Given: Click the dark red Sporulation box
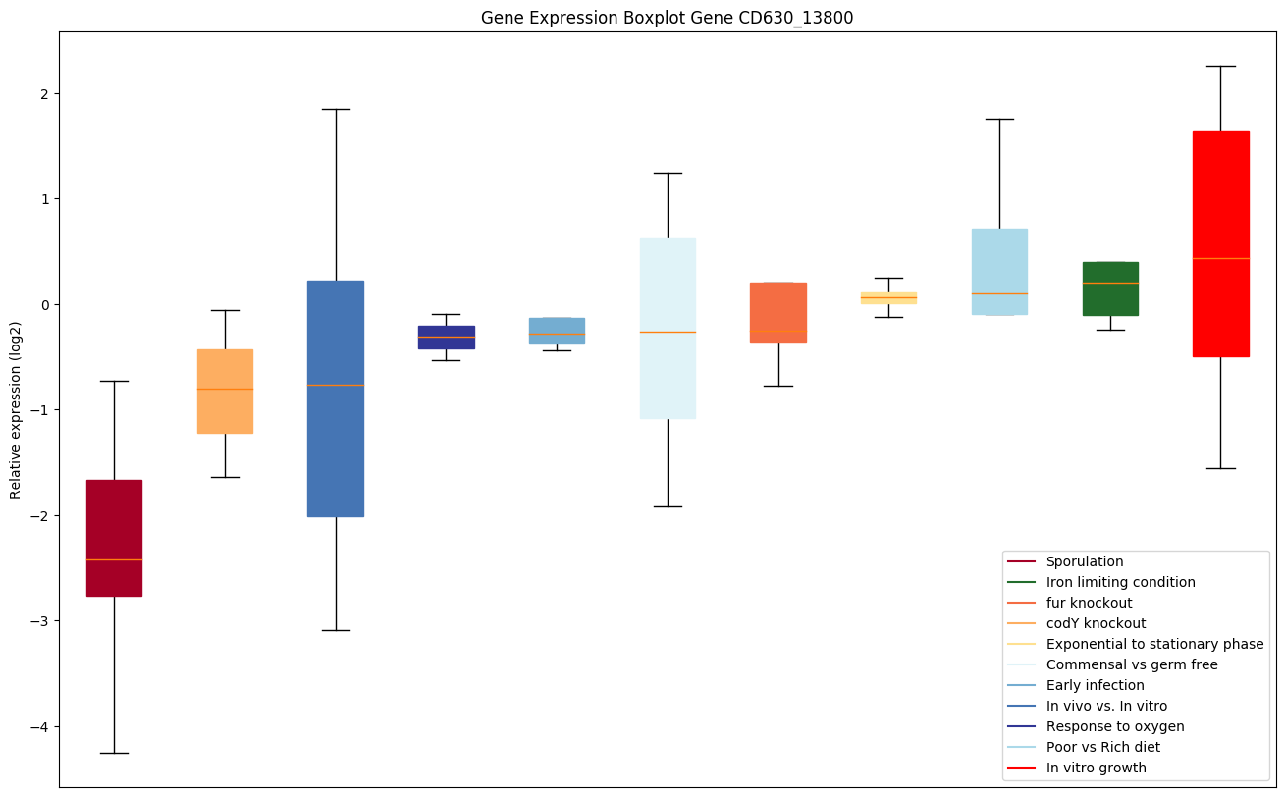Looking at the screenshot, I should coord(114,538).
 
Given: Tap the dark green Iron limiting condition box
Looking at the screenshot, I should coord(1110,289).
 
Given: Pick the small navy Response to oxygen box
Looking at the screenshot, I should coord(447,337).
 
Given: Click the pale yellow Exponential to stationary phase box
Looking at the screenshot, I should coord(888,297).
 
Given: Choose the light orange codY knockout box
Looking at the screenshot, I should coord(225,391).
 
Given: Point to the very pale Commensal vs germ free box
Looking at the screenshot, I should coord(668,328).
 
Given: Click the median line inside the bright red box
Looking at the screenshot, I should coord(1220,258).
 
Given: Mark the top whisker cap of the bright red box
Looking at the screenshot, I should coord(1220,66).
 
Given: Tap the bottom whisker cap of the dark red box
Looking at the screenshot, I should coord(114,753).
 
